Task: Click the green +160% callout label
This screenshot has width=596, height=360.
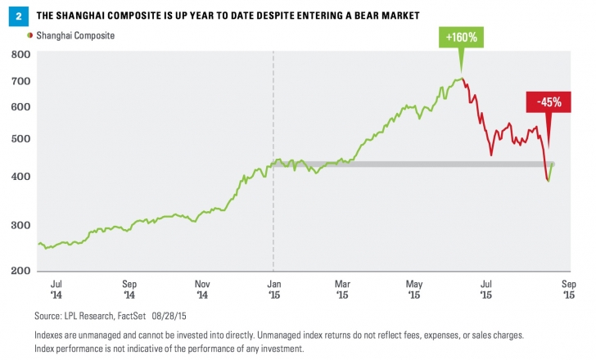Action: (461, 38)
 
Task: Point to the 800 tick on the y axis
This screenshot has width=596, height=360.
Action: (21, 55)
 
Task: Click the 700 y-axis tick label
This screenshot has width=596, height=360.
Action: (21, 82)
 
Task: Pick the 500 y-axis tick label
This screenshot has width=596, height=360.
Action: (21, 138)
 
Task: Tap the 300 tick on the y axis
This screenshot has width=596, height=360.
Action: (21, 225)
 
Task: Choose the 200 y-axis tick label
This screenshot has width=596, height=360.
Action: (21, 271)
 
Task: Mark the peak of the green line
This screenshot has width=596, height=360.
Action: (462, 79)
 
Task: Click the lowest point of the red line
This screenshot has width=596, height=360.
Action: (548, 180)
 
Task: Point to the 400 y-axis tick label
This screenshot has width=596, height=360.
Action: (21, 177)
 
